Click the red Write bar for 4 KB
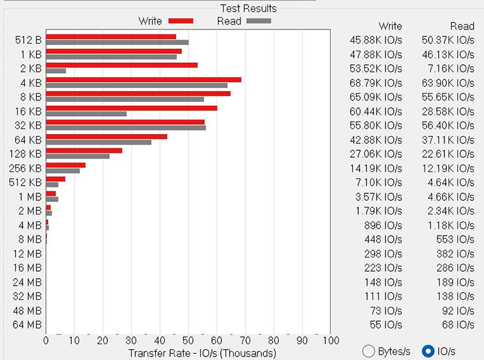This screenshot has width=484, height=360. pos(144,80)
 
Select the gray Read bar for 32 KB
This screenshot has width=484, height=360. pos(126,128)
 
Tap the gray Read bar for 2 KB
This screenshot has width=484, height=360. pos(56,70)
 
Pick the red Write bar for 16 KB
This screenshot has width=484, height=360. pos(131,108)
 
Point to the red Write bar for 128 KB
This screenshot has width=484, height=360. pos(84,150)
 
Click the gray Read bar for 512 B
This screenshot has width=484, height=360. pos(117,42)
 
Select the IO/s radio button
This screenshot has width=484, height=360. pos(429,351)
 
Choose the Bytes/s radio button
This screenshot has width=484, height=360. pos(368,351)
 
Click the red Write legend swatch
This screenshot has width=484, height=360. pos(180,21)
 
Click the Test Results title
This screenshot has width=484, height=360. pos(248,8)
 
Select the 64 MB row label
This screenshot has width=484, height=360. pos(27,324)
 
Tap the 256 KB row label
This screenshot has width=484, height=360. pos(25,168)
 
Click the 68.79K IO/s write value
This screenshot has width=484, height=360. pos(375,83)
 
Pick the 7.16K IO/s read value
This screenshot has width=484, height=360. pos(448,68)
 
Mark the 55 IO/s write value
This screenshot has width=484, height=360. pos(387,324)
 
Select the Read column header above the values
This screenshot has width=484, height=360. pos(462,26)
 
